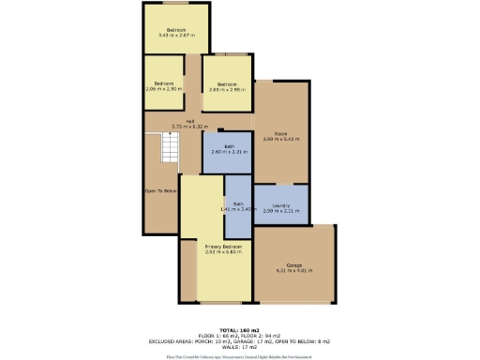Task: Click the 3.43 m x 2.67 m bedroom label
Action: (x=174, y=33)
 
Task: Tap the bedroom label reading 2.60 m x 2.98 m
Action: (x=228, y=85)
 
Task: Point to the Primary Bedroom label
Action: (x=224, y=249)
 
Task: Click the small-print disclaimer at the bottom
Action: (x=239, y=356)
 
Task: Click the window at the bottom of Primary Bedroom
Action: (x=224, y=305)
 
